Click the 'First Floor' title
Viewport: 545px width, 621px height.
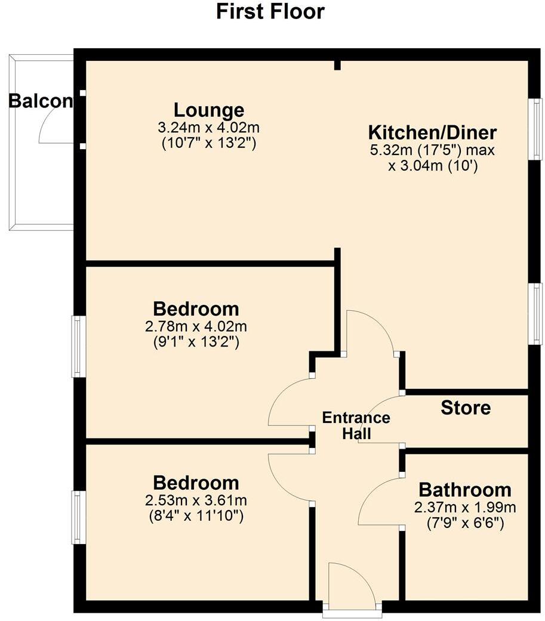[x=270, y=11]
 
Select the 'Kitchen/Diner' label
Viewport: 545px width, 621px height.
[x=432, y=132]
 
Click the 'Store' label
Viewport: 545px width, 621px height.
[x=466, y=408]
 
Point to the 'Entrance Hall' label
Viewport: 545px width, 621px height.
[x=356, y=425]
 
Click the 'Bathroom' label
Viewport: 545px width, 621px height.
[x=465, y=490]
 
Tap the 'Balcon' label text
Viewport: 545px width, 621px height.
[x=40, y=101]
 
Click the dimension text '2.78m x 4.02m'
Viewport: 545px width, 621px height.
[x=196, y=326]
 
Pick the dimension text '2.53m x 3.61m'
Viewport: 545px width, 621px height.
[x=196, y=500]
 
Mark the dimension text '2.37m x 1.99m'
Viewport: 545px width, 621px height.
[x=465, y=508]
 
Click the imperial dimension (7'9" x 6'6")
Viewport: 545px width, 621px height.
[x=465, y=524]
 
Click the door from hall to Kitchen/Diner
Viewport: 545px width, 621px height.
[x=370, y=331]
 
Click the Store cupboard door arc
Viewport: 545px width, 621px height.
[x=388, y=418]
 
